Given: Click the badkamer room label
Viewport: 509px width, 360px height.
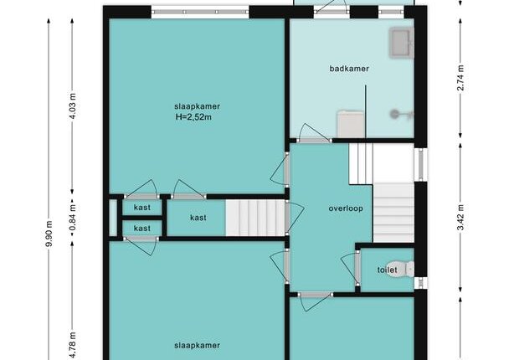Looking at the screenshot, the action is [x=349, y=69].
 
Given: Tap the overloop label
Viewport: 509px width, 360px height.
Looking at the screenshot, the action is [x=346, y=208].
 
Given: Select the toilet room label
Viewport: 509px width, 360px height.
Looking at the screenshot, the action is [x=388, y=270].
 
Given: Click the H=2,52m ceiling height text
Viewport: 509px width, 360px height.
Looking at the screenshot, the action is [x=193, y=117].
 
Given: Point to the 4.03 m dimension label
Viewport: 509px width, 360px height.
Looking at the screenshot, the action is [x=73, y=106].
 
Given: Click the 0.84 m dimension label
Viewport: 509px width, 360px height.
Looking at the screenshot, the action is [x=73, y=217].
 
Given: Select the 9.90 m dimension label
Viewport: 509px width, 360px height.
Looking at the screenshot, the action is [x=49, y=234].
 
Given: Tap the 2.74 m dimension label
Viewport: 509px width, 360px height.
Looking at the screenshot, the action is [x=460, y=78].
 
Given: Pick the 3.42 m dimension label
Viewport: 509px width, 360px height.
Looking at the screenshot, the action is [x=460, y=217].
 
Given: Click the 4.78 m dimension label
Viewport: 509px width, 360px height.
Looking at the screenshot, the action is [x=73, y=345].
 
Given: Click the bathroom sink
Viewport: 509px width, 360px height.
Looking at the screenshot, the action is [x=402, y=43].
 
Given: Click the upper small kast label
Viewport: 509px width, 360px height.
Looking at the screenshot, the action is [x=142, y=208].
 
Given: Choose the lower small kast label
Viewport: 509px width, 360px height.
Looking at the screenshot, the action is [x=142, y=229].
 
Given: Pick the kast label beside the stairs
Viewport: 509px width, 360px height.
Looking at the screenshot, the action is [x=198, y=218].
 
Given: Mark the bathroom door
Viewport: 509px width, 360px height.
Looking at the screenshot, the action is [x=314, y=133].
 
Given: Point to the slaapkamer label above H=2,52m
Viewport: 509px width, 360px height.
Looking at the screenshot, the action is [x=197, y=106].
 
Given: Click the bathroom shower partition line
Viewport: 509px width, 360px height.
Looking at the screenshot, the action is [x=366, y=111].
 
